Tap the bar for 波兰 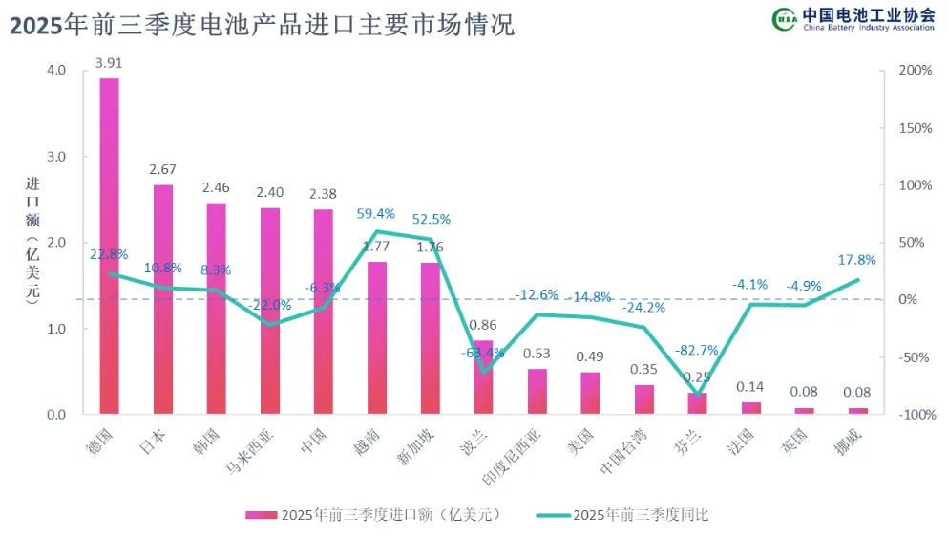coord(484,377)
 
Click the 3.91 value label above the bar coord(109,64)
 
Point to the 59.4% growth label coord(376,214)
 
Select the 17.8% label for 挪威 coord(857,259)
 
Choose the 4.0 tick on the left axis coord(55,71)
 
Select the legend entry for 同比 coord(625,514)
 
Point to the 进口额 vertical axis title coord(31,239)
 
